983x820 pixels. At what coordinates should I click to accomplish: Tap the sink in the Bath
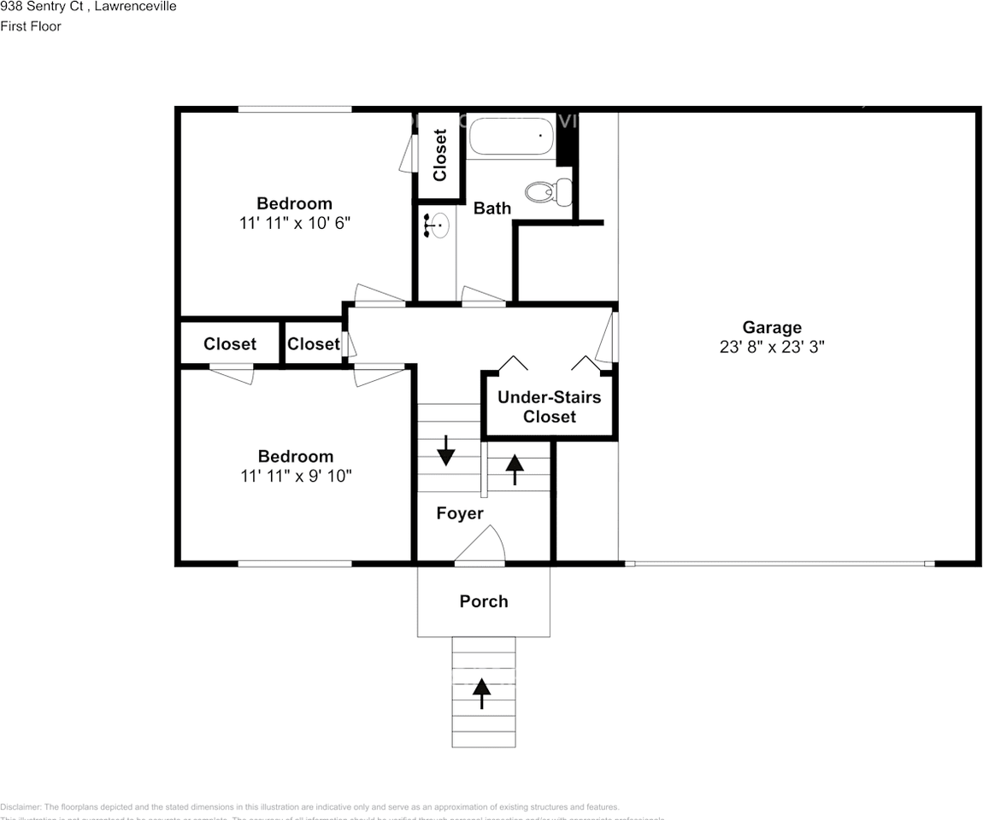coord(437,226)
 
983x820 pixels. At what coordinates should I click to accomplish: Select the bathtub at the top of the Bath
coord(511,136)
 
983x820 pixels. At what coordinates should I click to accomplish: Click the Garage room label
coord(772,327)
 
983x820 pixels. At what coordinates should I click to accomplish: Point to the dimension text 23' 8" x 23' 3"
coord(772,347)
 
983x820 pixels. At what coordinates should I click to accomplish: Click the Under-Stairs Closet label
coord(549,407)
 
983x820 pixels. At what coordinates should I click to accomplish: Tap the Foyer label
coord(460,513)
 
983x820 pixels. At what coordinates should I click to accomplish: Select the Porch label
coord(484,601)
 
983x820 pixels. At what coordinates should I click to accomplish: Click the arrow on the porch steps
coord(482,693)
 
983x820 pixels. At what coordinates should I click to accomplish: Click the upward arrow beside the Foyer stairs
coord(515,468)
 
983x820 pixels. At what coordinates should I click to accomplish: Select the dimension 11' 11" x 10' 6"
coord(295,223)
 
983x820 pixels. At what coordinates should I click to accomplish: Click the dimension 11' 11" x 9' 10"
coord(296,476)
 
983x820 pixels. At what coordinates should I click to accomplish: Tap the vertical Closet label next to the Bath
coord(440,155)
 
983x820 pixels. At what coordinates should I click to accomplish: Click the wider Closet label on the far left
coord(230,343)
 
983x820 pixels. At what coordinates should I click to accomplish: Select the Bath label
coord(492,208)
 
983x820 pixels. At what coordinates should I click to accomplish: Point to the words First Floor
coord(31,26)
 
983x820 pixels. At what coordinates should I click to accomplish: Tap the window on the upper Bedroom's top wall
coord(294,108)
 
